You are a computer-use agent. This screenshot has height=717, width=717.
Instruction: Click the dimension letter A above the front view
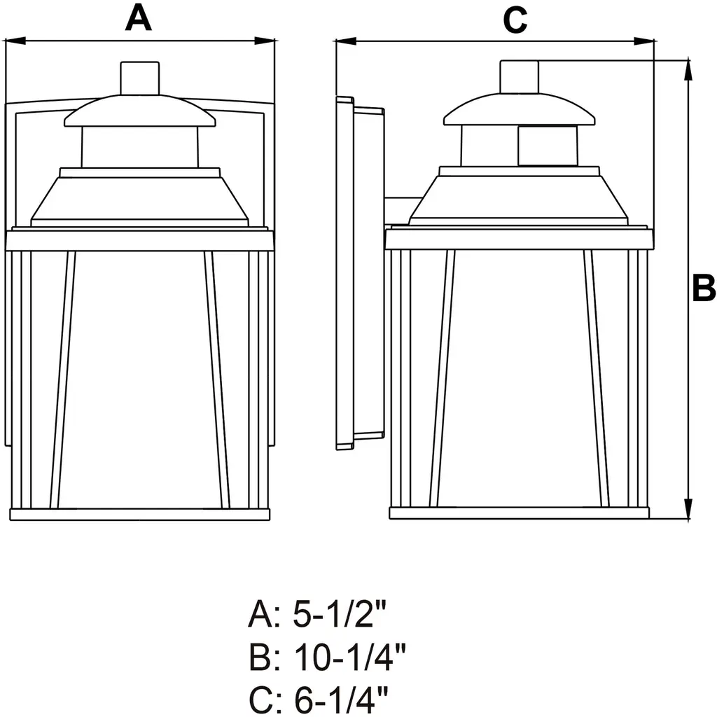click(138, 19)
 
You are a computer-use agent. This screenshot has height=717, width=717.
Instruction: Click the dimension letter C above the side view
click(515, 20)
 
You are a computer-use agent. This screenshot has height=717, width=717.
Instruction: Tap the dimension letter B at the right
click(704, 288)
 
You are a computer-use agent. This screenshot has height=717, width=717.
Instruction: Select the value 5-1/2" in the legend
click(340, 615)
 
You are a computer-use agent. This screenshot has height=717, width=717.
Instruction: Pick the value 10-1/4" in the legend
click(350, 657)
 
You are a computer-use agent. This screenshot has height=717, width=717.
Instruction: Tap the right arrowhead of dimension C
click(644, 42)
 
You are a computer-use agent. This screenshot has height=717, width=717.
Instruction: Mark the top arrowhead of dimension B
click(688, 70)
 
